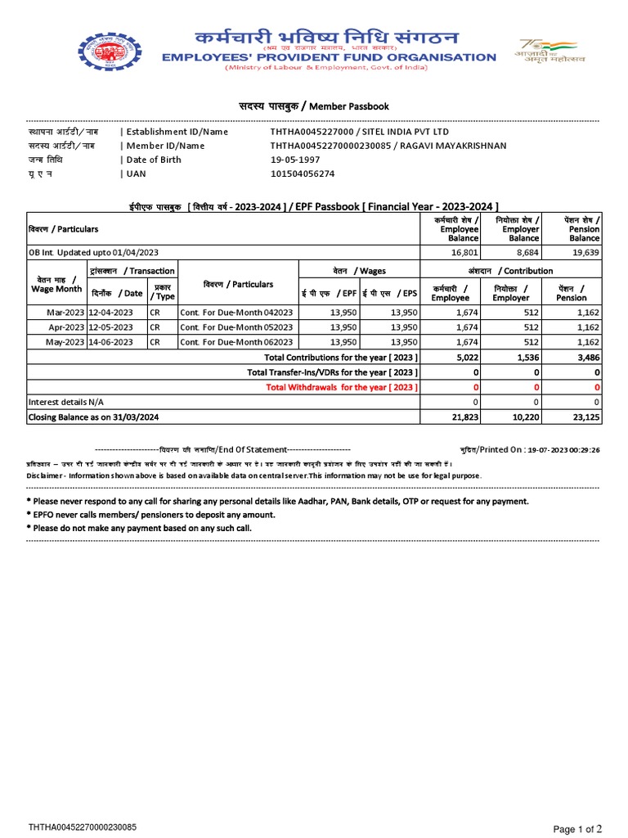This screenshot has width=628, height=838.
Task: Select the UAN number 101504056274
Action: pyautogui.click(x=303, y=173)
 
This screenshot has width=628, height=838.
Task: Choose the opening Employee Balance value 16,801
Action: pyautogui.click(x=464, y=252)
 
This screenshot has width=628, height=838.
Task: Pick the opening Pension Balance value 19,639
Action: pyautogui.click(x=585, y=252)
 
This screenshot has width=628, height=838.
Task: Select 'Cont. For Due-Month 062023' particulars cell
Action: pyautogui.click(x=236, y=342)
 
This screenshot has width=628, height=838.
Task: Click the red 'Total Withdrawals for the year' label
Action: pyautogui.click(x=343, y=387)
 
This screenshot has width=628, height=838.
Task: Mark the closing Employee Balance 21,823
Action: pyautogui.click(x=464, y=417)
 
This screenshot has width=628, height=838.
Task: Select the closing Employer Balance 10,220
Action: pyautogui.click(x=524, y=417)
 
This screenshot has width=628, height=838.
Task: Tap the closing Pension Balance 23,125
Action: pyautogui.click(x=585, y=417)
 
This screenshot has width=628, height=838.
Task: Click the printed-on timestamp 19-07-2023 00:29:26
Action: pyautogui.click(x=563, y=450)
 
